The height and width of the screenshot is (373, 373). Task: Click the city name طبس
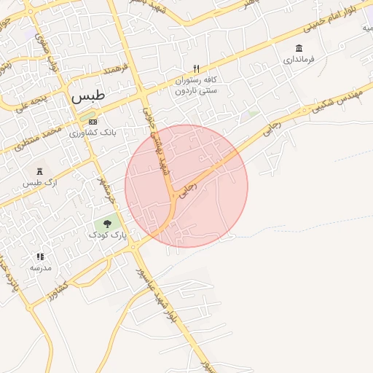pos(88,95)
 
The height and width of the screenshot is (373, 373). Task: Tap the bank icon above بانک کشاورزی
pos(93,122)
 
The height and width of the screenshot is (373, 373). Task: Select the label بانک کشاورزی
pos(93,133)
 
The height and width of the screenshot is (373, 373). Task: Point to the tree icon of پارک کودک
pos(108,224)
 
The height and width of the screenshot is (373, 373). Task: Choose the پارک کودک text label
pos(108,235)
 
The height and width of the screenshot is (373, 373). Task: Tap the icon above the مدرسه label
pos(40,256)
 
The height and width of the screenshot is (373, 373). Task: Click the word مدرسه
pos(40,267)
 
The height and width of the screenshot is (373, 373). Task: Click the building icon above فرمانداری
pos(299,48)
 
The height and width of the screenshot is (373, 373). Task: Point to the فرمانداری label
pos(299,59)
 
